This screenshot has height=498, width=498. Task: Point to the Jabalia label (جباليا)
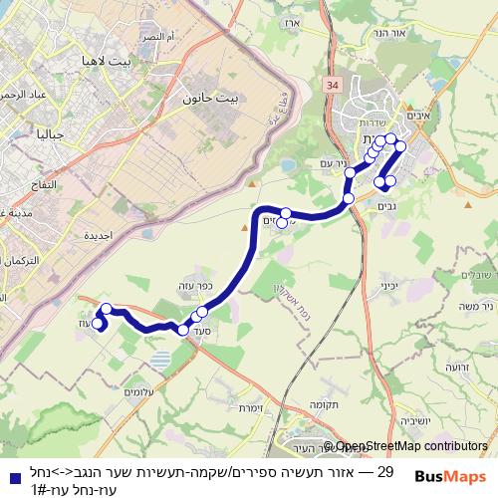[50, 133]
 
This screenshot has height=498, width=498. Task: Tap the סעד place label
[205, 330]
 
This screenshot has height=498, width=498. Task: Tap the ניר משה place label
[478, 308]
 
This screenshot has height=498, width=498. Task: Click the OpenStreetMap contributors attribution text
[411, 446]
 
